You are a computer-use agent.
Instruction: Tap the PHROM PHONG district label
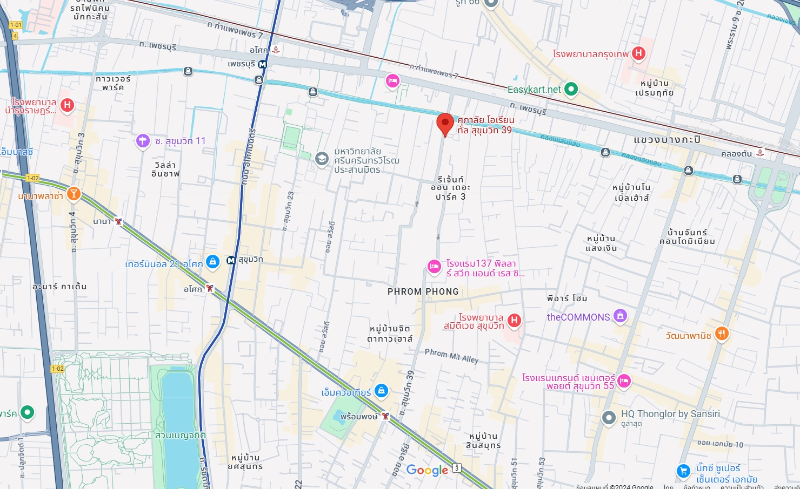[x=423, y=291]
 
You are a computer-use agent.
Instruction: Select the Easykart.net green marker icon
[x=571, y=89]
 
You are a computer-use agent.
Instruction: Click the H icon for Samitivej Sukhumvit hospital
[x=514, y=321]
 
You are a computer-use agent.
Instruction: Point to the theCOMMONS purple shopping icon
[x=621, y=316]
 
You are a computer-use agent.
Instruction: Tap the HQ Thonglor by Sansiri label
[x=670, y=414]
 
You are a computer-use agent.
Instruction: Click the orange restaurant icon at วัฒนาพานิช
[x=721, y=334]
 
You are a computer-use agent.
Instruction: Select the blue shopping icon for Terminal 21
[x=212, y=262]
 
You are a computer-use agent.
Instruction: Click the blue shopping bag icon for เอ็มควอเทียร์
[x=381, y=391]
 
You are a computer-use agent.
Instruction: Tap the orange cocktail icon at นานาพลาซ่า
[x=74, y=194]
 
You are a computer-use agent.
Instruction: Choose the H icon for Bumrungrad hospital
[x=67, y=105]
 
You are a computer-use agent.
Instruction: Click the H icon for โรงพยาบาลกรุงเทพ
[x=638, y=53]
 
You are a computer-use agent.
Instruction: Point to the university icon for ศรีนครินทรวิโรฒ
[x=322, y=159]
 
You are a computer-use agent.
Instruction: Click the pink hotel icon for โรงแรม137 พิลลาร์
[x=434, y=267]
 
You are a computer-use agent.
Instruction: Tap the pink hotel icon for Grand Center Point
[x=624, y=381]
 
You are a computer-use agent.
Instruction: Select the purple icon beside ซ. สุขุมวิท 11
[x=143, y=141]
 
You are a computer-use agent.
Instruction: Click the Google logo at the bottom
[x=427, y=470]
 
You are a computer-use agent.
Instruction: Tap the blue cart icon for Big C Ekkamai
[x=683, y=471]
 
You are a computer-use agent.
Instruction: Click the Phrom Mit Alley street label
[x=451, y=356]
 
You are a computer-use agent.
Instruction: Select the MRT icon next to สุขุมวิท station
[x=231, y=260]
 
